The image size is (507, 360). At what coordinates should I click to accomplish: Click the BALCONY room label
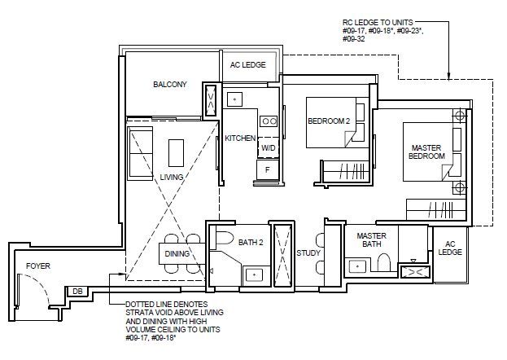[170, 85]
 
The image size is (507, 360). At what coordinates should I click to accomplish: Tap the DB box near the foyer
[77, 292]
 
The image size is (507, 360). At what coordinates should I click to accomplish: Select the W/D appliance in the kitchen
[269, 148]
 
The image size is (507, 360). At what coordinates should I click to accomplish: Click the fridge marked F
[268, 169]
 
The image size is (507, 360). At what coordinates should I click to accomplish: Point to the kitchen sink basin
[234, 99]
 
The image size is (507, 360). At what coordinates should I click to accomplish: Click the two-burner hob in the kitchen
[269, 121]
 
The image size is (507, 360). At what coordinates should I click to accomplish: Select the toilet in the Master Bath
[384, 262]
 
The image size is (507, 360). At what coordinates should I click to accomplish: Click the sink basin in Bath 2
[255, 275]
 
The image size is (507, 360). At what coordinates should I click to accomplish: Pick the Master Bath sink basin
[357, 267]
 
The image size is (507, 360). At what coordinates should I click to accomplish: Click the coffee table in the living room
[176, 153]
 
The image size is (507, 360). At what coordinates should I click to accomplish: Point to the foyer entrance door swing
[34, 289]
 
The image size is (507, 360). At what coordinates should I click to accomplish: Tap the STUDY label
[308, 252]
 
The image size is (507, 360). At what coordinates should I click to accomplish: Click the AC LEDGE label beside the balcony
[248, 64]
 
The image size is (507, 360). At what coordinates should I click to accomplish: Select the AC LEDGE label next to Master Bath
[450, 248]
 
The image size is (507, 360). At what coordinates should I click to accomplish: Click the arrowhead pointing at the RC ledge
[448, 76]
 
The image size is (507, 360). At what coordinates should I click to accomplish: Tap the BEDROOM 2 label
[329, 121]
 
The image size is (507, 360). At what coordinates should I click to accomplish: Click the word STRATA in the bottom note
[137, 313]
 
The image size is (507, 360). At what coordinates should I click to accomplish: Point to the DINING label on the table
[177, 254]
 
